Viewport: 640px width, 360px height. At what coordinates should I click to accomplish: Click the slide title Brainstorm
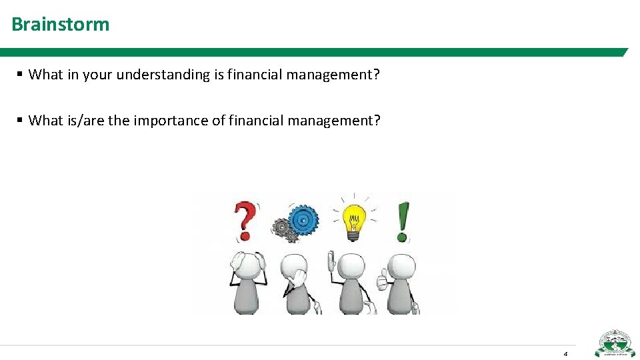(x=60, y=25)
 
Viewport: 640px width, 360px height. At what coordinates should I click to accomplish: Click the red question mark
(x=245, y=221)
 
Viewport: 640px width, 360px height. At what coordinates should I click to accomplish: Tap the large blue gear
(x=303, y=218)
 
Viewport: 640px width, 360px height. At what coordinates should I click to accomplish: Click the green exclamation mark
(x=403, y=221)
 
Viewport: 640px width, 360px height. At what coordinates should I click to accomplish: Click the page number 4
(x=565, y=353)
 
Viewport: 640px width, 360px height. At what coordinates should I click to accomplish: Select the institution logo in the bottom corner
(x=615, y=344)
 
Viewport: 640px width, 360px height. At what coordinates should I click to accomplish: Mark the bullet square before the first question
(x=21, y=75)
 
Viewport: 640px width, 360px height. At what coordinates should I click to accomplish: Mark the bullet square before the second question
(x=21, y=121)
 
